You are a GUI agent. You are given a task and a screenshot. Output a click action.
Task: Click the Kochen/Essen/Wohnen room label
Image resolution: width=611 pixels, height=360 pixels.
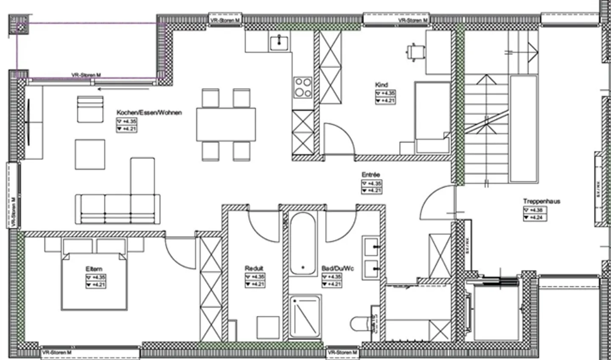pos(149,112)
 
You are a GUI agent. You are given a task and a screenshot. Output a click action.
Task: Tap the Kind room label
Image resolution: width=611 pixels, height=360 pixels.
pos(381,85)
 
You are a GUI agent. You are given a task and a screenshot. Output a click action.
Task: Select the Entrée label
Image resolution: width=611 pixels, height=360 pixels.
pos(370,174)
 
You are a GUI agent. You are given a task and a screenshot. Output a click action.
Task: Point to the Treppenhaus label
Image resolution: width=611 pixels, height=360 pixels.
pos(541,201)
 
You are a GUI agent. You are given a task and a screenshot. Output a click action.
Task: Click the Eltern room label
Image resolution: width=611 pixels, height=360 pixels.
pos(94,269)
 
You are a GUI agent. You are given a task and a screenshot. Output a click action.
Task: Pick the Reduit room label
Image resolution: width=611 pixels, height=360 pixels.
pos(254,268)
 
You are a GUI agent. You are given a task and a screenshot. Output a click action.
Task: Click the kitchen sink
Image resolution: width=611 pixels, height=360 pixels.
pos(279,42)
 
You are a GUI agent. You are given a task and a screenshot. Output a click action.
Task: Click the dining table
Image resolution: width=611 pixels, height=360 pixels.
pos(226,124)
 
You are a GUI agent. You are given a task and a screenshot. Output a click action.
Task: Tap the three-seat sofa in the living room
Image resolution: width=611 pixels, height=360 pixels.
pos(118,209)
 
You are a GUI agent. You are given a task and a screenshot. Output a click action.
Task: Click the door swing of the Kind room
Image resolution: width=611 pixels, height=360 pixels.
pos(338,138)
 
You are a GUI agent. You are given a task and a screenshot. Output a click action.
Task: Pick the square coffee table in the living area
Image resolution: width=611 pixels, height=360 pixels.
pos(90,155)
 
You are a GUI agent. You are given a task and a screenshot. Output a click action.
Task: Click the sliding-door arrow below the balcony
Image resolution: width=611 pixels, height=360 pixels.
pos(123,89)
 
